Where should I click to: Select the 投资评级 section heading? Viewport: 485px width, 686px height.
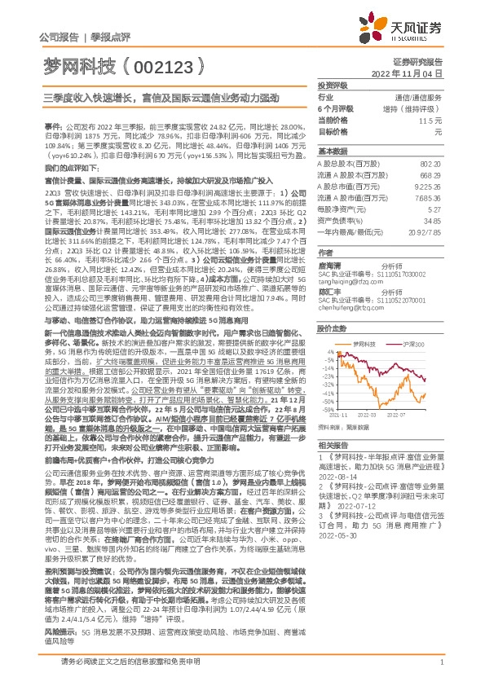coord(333,85)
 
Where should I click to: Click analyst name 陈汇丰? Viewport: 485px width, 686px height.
coord(328,291)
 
